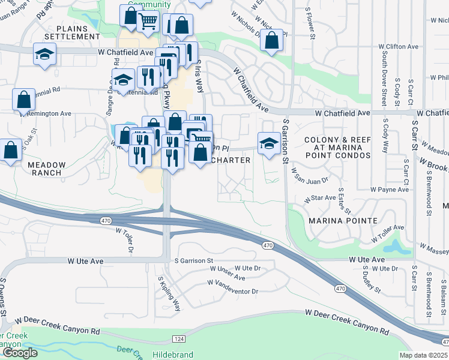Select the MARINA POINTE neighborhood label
[343, 221]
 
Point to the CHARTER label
[231, 160]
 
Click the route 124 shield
[179, 340]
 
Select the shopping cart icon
[147, 22]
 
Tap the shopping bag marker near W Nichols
[272, 41]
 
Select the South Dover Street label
[384, 79]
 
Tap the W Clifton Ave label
[398, 46]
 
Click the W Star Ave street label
[323, 197]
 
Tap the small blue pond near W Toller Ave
[394, 247]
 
